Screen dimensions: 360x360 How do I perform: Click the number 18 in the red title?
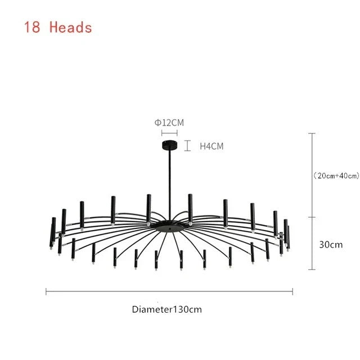(32, 27)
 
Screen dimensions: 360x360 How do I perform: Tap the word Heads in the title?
(71, 27)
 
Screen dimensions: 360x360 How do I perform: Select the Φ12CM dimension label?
(169, 123)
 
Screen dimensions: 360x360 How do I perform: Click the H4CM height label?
(211, 146)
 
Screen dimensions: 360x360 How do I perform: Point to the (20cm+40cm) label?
(336, 175)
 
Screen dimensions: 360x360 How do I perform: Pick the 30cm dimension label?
(331, 245)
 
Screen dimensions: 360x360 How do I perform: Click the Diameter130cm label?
(167, 309)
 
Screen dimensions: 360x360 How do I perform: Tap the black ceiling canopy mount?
(170, 145)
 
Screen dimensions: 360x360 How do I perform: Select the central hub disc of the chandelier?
(170, 226)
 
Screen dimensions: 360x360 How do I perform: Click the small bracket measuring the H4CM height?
(187, 146)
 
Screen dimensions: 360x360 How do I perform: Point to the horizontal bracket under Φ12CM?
(169, 133)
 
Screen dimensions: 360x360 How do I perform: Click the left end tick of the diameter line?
(46, 291)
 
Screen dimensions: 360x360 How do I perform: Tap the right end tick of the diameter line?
(292, 291)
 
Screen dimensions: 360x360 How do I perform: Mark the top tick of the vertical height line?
(312, 133)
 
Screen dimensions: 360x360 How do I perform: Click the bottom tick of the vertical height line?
(312, 269)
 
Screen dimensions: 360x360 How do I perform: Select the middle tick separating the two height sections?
(312, 217)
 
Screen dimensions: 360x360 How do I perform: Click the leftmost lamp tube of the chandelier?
(51, 236)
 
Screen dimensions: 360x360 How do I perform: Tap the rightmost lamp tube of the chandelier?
(288, 238)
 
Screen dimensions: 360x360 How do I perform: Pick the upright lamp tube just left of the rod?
(148, 209)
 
